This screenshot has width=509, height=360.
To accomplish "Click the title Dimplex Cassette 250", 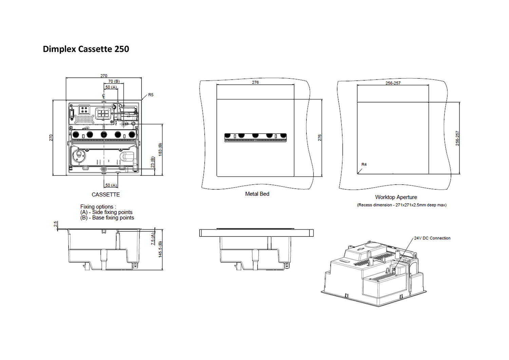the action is pyautogui.click(x=86, y=49).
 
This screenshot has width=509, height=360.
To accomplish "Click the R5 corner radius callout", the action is pyautogui.click(x=151, y=95).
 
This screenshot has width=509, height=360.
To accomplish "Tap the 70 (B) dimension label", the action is pyautogui.click(x=114, y=81).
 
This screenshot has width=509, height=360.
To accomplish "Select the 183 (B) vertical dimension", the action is pyautogui.click(x=160, y=150).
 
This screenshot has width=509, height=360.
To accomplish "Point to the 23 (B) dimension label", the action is pyautogui.click(x=153, y=162).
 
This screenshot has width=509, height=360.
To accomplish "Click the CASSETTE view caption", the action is pyautogui.click(x=106, y=194).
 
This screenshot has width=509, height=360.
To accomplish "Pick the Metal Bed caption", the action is pyautogui.click(x=257, y=194).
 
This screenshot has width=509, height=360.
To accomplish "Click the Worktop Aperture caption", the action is pyautogui.click(x=396, y=197).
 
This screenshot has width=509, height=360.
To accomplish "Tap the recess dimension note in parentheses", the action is pyautogui.click(x=402, y=205).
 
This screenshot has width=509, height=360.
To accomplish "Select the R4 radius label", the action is pyautogui.click(x=364, y=164).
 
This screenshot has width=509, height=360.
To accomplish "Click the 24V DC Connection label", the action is pyautogui.click(x=432, y=238).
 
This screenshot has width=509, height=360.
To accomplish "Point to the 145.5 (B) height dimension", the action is pyautogui.click(x=160, y=249).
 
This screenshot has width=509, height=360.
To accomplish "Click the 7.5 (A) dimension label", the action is pyautogui.click(x=153, y=239).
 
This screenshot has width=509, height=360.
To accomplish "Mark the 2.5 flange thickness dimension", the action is pyautogui.click(x=55, y=224).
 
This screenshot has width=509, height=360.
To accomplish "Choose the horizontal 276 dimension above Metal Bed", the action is pyautogui.click(x=255, y=82).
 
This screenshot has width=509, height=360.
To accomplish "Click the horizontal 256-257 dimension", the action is pyautogui.click(x=393, y=83).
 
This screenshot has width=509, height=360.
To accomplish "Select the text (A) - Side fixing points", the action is pyautogui.click(x=106, y=212).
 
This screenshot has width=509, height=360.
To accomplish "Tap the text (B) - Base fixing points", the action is pyautogui.click(x=107, y=218).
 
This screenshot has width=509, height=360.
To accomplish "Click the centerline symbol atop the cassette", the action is pyautogui.click(x=103, y=96).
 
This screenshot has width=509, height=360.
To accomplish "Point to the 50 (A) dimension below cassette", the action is pyautogui.click(x=111, y=185).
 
